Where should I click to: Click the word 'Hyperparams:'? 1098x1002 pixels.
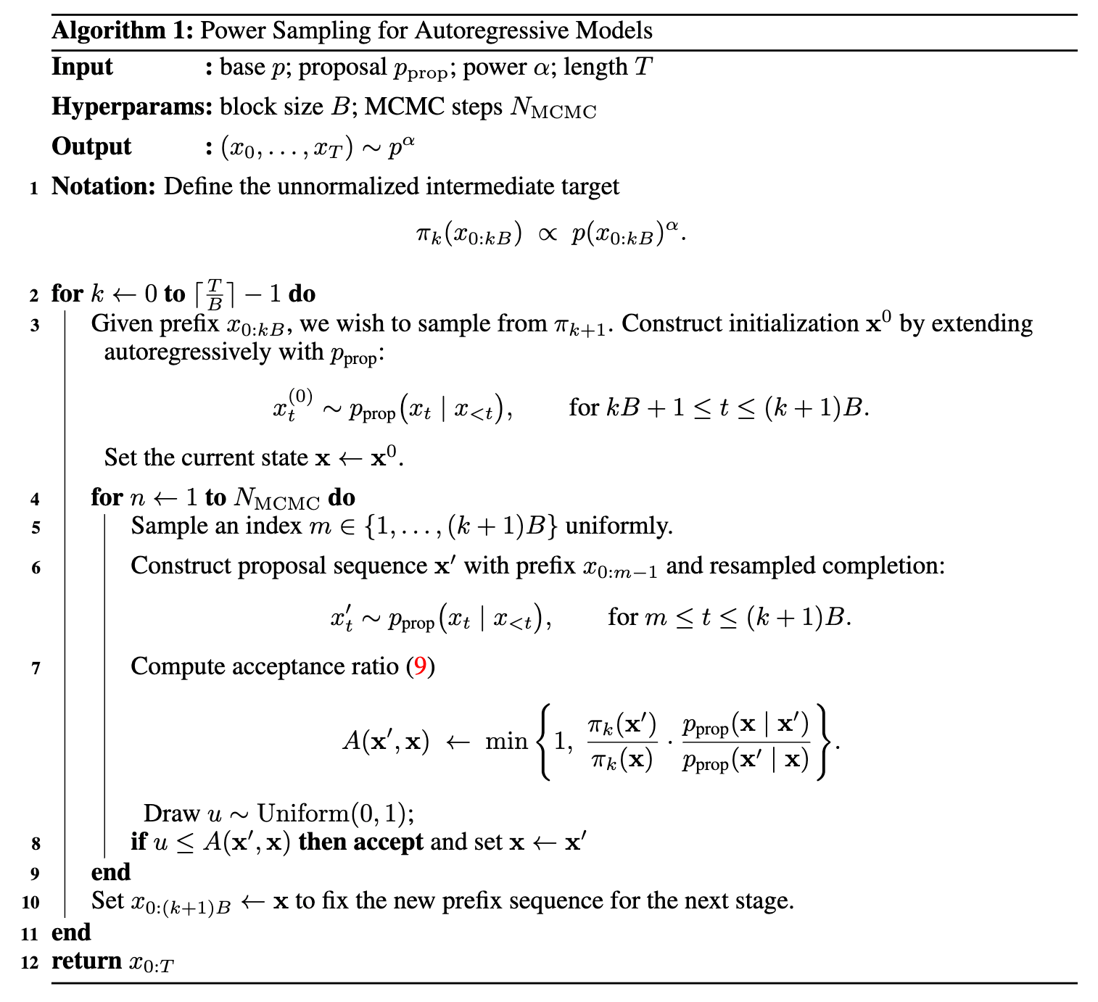coord(131,107)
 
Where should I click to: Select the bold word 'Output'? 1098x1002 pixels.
coord(91,146)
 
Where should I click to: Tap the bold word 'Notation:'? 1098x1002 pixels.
coord(104,187)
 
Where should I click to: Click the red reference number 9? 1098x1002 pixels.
coord(420,666)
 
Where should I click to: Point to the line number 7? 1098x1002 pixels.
coord(36,668)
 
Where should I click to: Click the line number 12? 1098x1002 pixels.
coord(30,963)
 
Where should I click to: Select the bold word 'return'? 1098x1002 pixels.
coord(86,961)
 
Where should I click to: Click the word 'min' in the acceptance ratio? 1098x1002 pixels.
coord(505,742)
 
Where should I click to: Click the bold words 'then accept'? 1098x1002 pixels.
coord(360,842)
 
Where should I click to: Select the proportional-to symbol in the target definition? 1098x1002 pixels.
coord(547,235)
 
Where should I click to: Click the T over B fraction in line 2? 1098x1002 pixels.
coord(215,294)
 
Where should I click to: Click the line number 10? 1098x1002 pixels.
coord(30,903)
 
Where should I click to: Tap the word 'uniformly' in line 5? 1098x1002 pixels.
coord(618,526)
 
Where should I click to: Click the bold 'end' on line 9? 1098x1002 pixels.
coord(111,872)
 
